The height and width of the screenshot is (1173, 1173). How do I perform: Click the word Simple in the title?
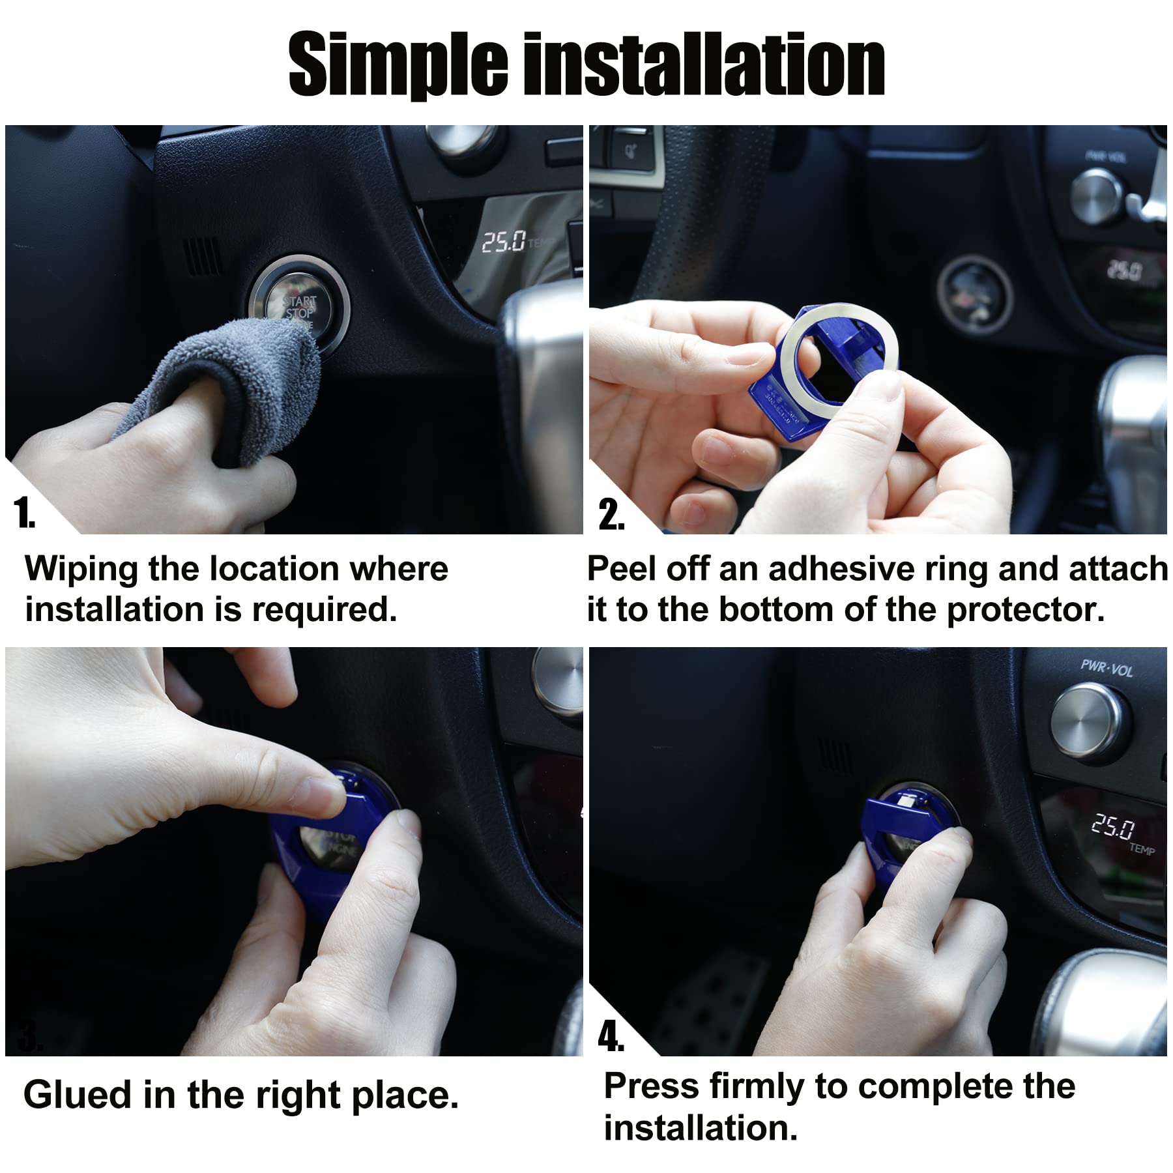(x=398, y=65)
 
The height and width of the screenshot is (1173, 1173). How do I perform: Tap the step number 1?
(x=24, y=514)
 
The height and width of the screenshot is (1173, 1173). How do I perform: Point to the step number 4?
(x=611, y=1036)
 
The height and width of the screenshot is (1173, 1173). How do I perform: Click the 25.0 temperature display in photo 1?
(x=504, y=242)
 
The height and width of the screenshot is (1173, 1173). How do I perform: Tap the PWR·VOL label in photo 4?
(x=1107, y=668)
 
